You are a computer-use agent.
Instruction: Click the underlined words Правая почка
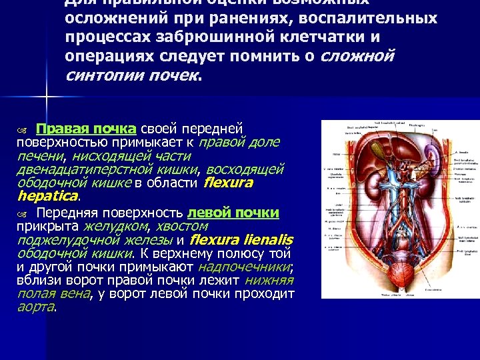pyautogui.click(x=86, y=129)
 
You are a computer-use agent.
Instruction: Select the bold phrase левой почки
pyautogui.click(x=233, y=213)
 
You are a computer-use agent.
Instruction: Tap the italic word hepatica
pyautogui.click(x=47, y=197)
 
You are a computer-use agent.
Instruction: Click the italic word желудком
pyautogui.click(x=115, y=227)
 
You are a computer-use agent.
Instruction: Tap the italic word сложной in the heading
pyautogui.click(x=357, y=55)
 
